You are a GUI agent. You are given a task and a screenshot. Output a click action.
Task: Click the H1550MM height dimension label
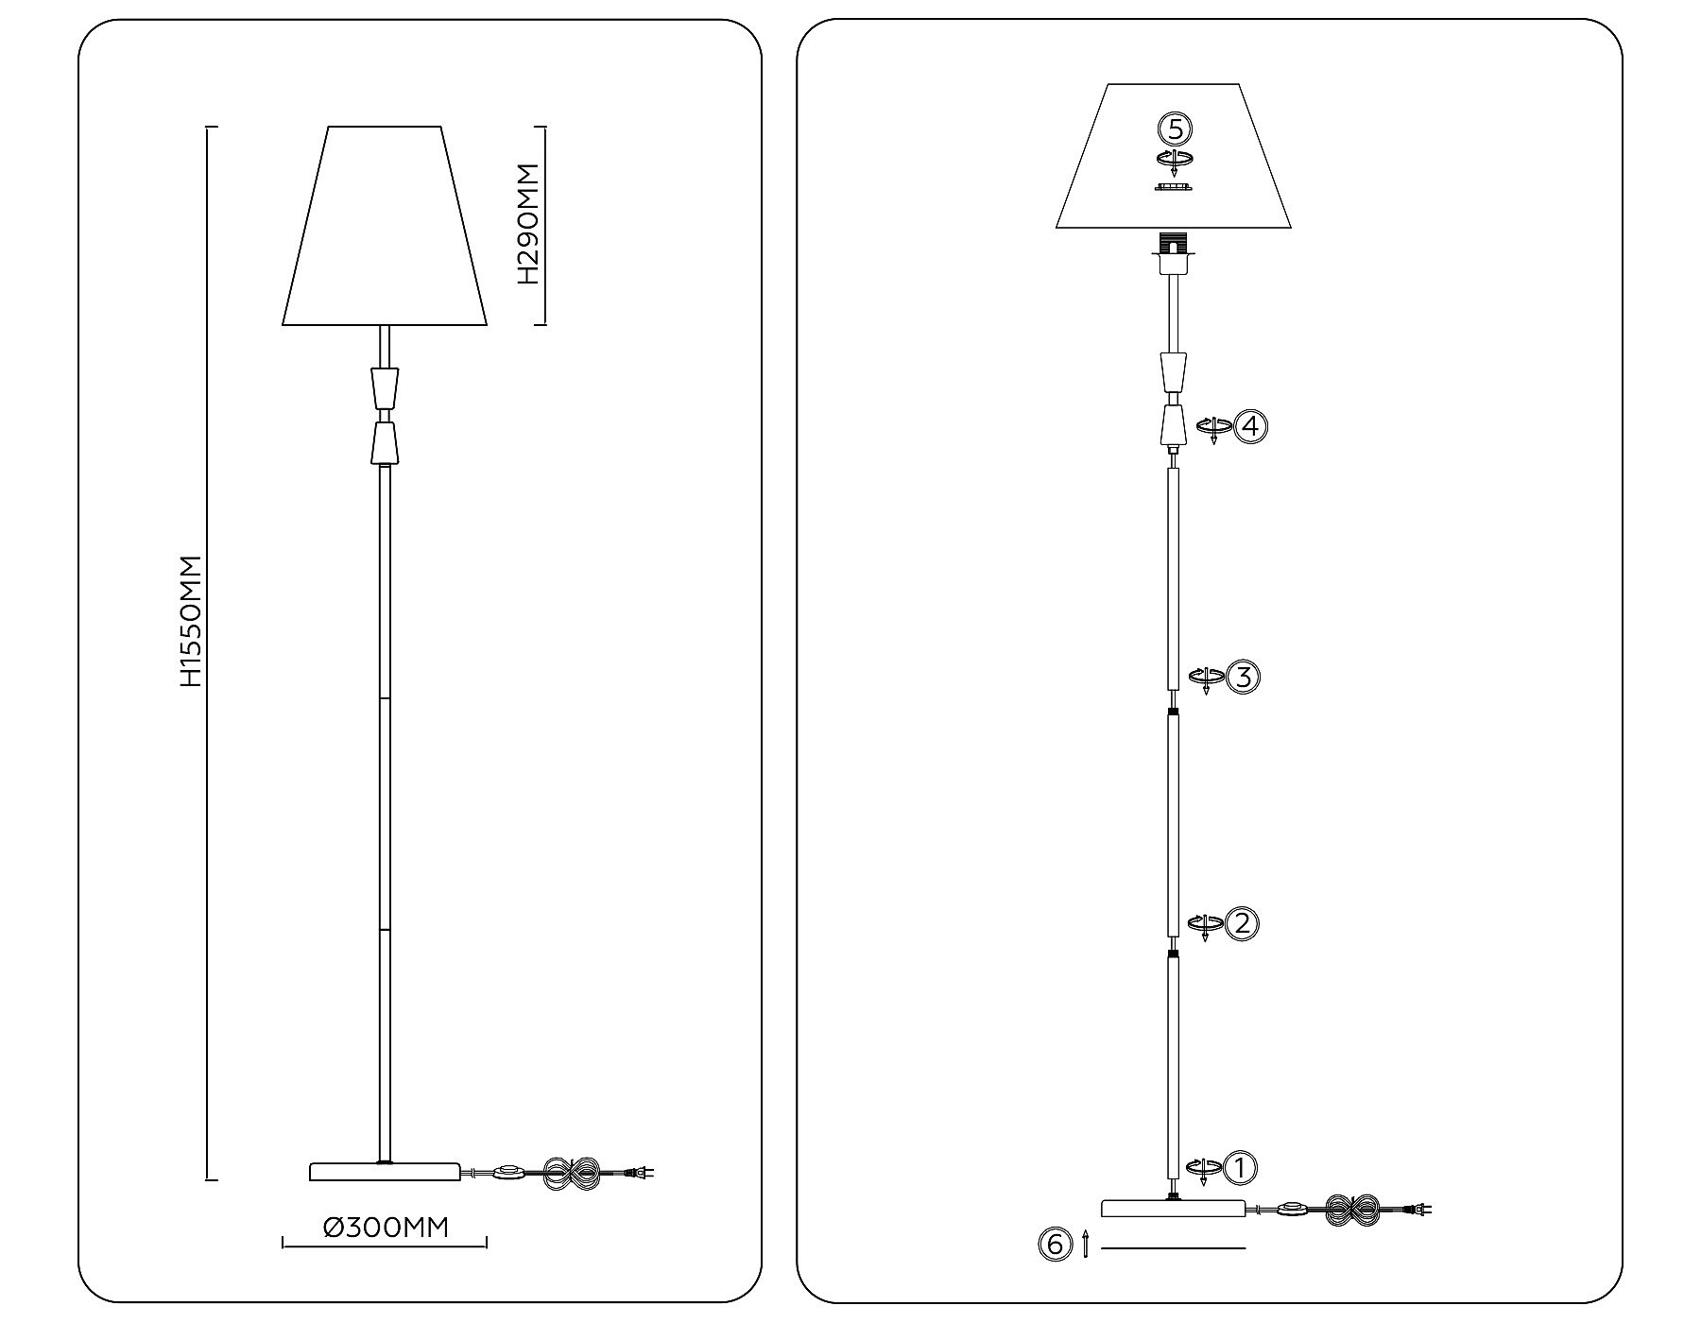(192, 621)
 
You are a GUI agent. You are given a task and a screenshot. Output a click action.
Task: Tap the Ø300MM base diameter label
(386, 1228)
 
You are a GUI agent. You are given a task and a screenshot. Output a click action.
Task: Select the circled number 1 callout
(1241, 1168)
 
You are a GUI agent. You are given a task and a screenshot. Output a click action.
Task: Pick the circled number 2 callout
(1241, 923)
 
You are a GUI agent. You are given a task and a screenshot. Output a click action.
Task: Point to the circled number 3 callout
(1242, 677)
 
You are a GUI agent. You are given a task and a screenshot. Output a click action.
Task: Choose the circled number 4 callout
(1250, 426)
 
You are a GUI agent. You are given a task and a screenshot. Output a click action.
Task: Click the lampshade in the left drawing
(385, 226)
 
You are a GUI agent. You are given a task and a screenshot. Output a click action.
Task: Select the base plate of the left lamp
(385, 1172)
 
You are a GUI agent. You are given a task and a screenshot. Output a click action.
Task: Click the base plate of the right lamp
(1174, 1208)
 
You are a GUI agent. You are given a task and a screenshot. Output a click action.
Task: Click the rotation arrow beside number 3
(1205, 679)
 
